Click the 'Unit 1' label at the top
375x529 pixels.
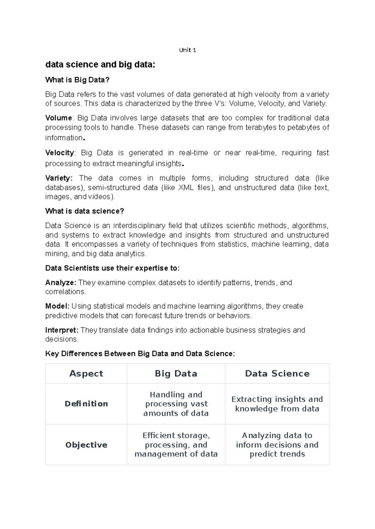tap(187, 50)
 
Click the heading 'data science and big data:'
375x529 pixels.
tap(100, 65)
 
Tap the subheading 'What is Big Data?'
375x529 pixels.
tap(77, 80)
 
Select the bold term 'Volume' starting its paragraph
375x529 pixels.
tap(58, 118)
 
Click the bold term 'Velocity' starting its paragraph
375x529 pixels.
tap(60, 153)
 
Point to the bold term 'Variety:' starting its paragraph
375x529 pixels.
tap(59, 178)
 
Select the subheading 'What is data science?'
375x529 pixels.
tap(85, 211)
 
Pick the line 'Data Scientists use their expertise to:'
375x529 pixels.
tap(112, 268)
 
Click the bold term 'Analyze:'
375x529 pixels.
tap(61, 283)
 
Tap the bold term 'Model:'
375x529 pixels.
tap(57, 306)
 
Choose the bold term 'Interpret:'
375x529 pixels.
tap(62, 330)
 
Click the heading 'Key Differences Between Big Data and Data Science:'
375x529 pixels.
tap(140, 354)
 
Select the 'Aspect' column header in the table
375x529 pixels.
tap(86, 374)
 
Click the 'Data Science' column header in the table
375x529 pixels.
tap(277, 374)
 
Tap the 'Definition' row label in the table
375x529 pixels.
tap(86, 404)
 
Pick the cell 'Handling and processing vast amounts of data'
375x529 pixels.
tap(176, 404)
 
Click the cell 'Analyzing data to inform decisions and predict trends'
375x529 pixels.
tap(277, 445)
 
